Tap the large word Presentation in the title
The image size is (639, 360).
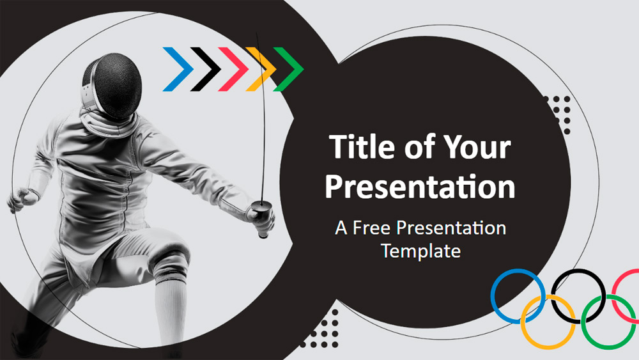[420, 186]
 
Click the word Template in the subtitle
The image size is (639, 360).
[421, 251]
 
